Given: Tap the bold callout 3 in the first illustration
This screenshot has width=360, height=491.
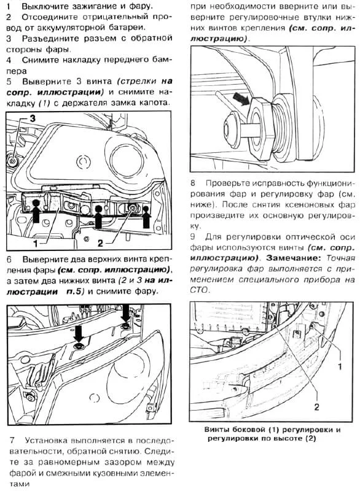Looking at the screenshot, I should (x=34, y=115).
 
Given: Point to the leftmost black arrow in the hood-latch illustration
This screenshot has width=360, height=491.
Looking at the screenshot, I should (x=36, y=210).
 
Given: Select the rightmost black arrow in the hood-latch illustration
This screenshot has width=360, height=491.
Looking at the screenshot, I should (x=146, y=216).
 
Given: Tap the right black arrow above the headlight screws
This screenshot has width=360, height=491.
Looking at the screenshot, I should (x=126, y=314).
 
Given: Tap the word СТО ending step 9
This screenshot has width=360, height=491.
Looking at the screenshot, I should (x=200, y=291).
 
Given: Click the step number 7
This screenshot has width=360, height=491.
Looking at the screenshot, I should (x=13, y=440).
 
